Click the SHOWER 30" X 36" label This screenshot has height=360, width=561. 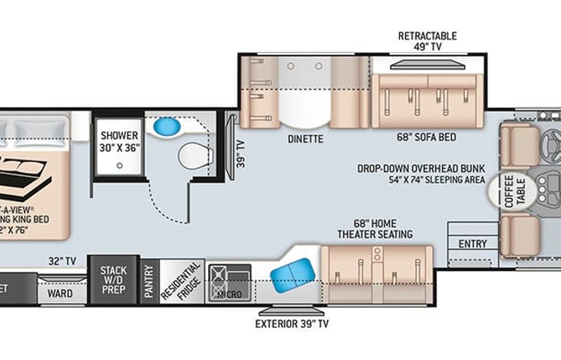coord(120,141)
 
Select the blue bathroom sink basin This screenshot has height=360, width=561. coord(165,125)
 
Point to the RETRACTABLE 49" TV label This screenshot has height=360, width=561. coord(427,41)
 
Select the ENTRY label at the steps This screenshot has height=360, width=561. coord(472,244)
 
